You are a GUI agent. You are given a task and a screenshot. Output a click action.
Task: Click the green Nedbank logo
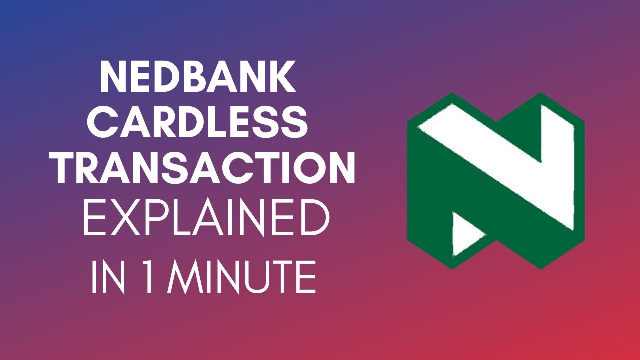[x=495, y=180]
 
